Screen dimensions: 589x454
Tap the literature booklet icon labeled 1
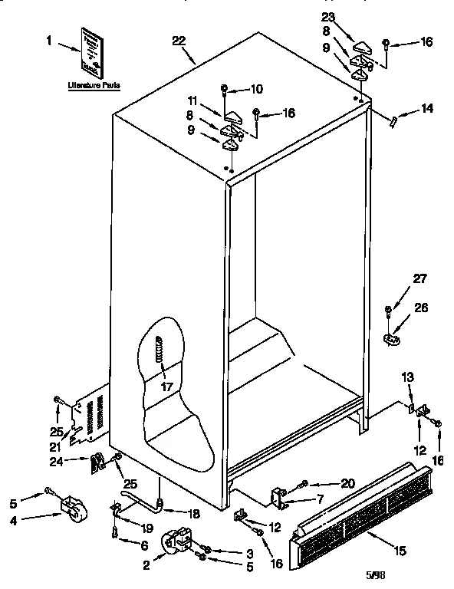tap(93, 51)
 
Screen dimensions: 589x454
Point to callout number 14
tap(427, 110)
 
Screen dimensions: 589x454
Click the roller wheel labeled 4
tap(73, 508)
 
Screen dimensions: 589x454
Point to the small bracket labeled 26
tap(393, 335)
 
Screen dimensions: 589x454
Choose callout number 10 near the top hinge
tap(257, 88)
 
